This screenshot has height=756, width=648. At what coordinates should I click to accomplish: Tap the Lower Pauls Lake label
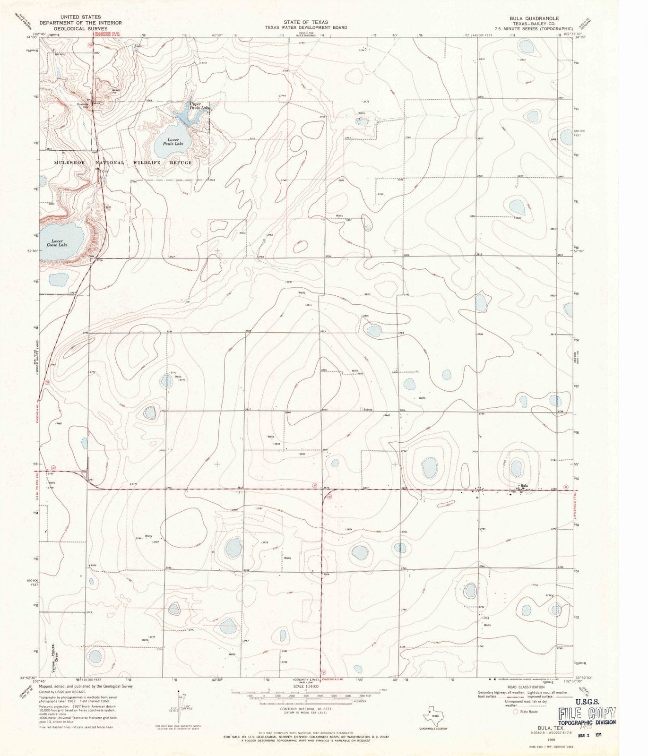click(169, 141)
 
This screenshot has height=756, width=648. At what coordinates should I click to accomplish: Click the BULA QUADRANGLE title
click(534, 18)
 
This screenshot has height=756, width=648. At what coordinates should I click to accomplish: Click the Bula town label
click(524, 486)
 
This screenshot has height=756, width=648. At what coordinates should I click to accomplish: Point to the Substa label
click(368, 409)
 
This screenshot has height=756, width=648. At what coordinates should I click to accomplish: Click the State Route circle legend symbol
click(515, 711)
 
